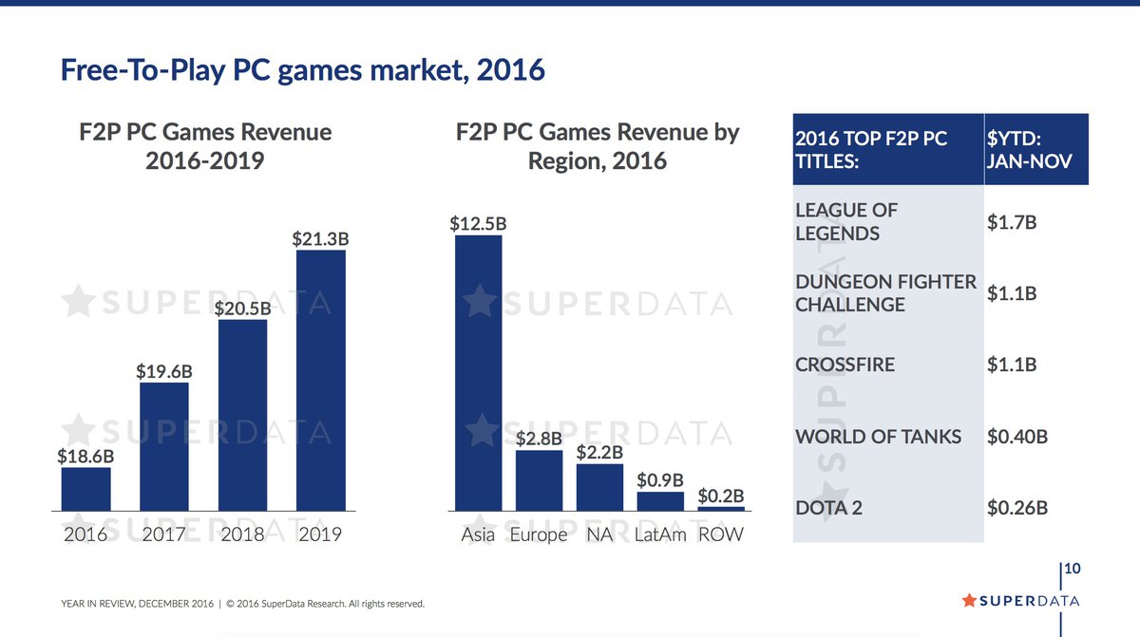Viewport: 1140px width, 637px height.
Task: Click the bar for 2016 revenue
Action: tap(85, 490)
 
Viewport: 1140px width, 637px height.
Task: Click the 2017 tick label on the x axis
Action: tap(164, 534)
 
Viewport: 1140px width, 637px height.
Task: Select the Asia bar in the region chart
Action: tap(478, 373)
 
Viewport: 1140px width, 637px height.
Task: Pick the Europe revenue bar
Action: tap(539, 480)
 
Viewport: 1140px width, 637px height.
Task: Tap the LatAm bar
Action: tap(659, 501)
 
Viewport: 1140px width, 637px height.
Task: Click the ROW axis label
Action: tap(720, 534)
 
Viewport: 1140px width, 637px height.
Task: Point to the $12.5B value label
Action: tap(478, 225)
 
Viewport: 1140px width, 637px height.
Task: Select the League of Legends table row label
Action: tap(846, 221)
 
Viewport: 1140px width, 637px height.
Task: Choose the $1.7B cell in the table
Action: tap(1012, 222)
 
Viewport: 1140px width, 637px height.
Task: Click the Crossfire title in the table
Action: tap(845, 365)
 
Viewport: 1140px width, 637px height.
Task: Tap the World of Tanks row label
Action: tap(878, 437)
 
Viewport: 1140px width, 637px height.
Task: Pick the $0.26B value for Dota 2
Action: tap(1017, 508)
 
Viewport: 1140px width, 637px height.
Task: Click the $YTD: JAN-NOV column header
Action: tap(1030, 150)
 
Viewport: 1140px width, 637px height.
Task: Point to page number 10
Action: tap(1073, 570)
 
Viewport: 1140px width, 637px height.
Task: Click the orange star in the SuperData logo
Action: tap(969, 600)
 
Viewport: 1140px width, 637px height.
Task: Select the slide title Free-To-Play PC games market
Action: tap(302, 70)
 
